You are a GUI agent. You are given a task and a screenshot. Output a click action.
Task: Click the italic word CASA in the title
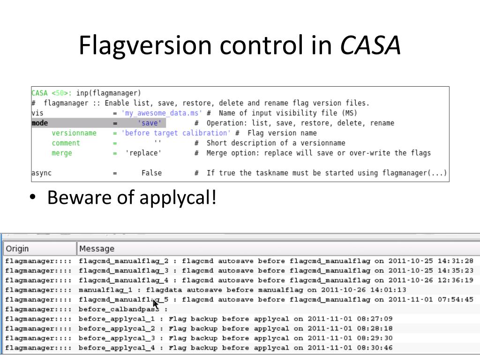[x=370, y=45]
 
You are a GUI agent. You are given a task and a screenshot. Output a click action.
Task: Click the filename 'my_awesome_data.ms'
[x=162, y=113]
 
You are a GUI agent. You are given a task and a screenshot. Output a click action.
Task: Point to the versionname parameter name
[x=74, y=133]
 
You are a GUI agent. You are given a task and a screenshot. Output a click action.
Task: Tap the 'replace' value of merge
[x=143, y=153]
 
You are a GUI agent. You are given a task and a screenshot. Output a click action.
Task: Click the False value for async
[x=151, y=173]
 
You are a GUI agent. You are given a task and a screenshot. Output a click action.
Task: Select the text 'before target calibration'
[x=176, y=133]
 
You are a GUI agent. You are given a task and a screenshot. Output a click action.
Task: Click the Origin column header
[x=17, y=248]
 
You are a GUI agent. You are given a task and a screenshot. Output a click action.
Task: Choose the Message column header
[x=97, y=248]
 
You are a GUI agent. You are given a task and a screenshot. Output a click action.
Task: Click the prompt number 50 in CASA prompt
[x=60, y=93]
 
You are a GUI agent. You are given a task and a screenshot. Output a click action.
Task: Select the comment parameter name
[x=66, y=143]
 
